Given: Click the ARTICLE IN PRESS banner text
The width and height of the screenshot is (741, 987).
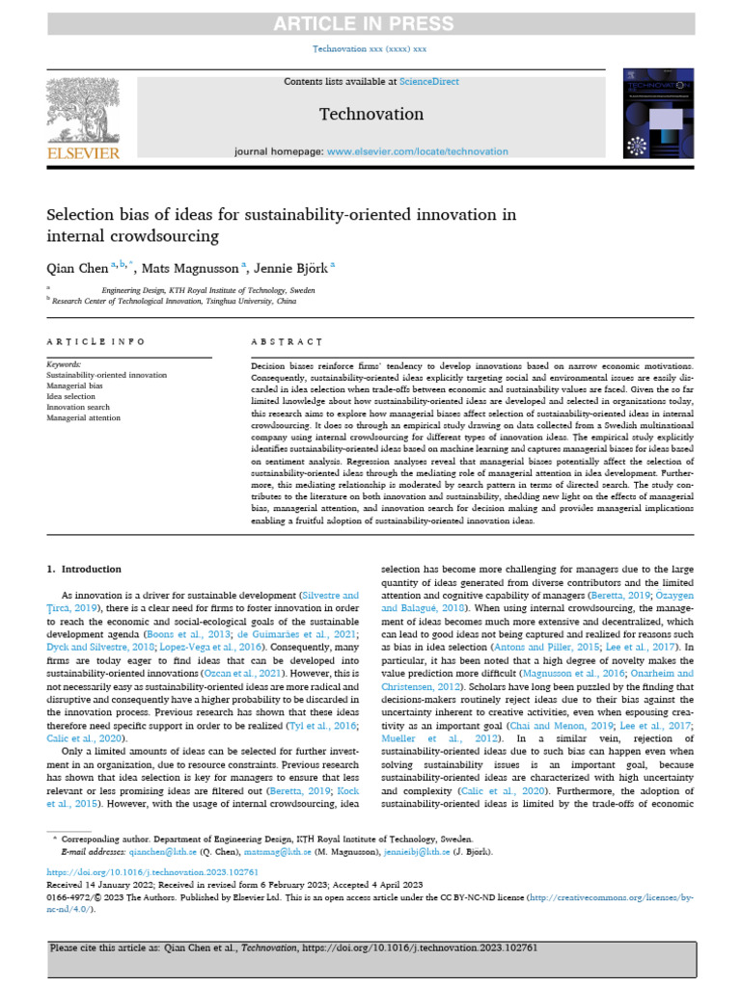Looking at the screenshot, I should pos(370,22).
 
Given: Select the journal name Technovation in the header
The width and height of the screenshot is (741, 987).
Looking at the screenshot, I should pos(370,115).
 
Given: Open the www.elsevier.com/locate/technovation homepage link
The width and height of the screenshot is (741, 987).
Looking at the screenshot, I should pos(417,151).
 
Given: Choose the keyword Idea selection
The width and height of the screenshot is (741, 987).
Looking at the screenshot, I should pos(71,396).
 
